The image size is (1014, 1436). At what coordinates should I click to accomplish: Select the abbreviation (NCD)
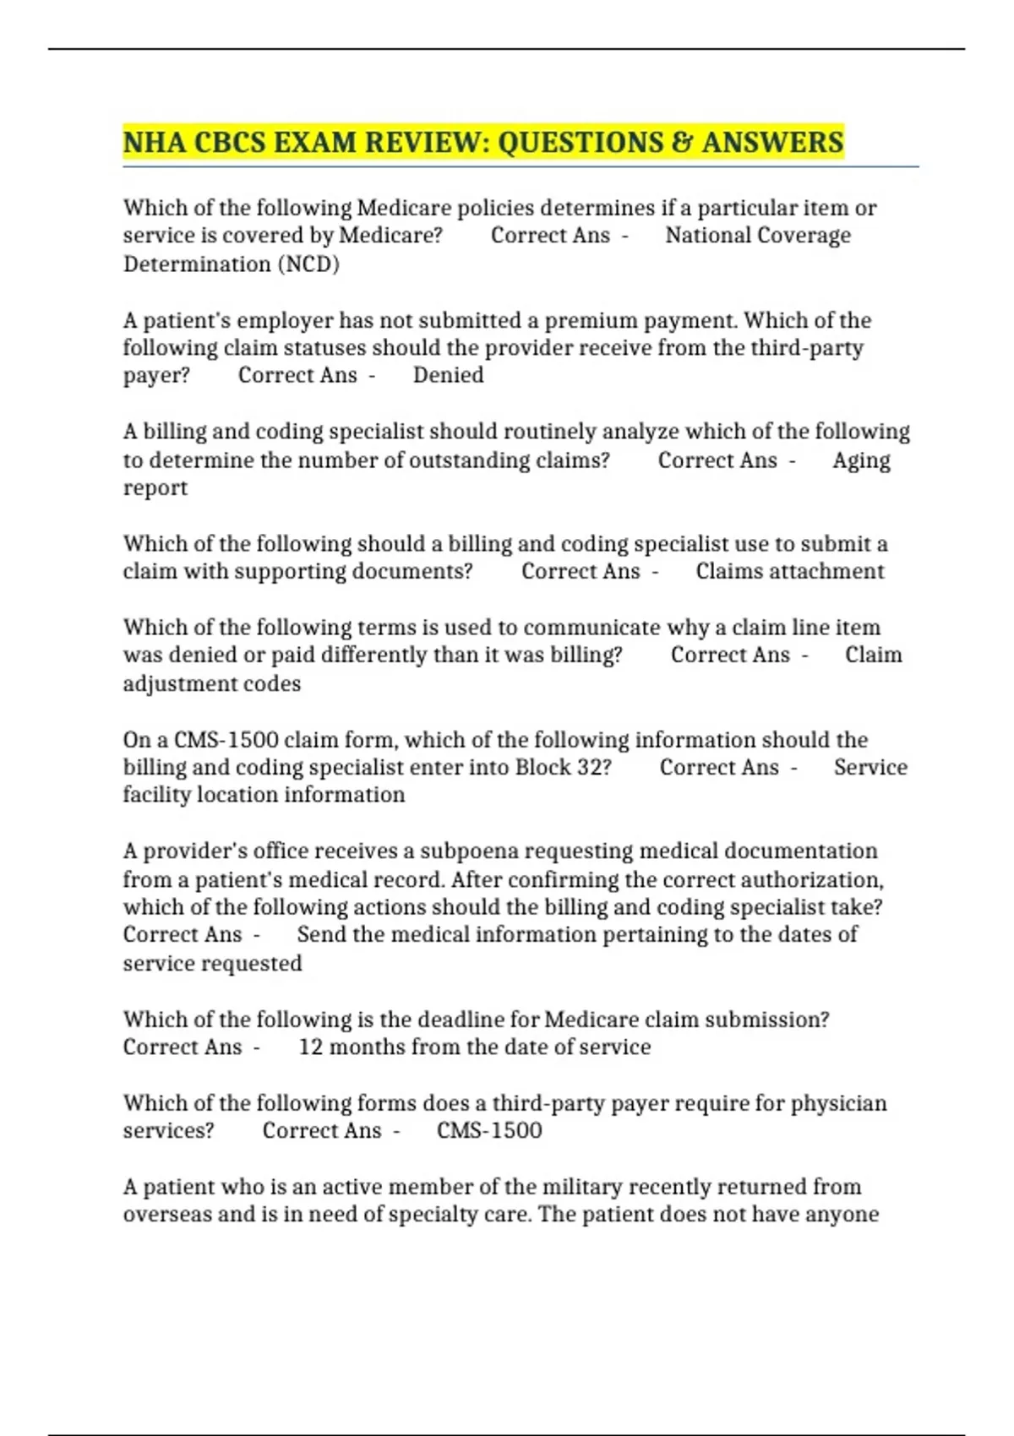pos(308,264)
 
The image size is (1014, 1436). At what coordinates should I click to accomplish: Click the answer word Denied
pos(448,375)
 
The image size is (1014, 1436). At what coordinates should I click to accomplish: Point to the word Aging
pos(861,460)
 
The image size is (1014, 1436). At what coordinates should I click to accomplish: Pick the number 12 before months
pos(310,1047)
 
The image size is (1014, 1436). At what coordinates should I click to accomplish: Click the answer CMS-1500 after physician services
pos(489,1130)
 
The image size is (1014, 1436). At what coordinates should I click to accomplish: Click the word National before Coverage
pos(706,236)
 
